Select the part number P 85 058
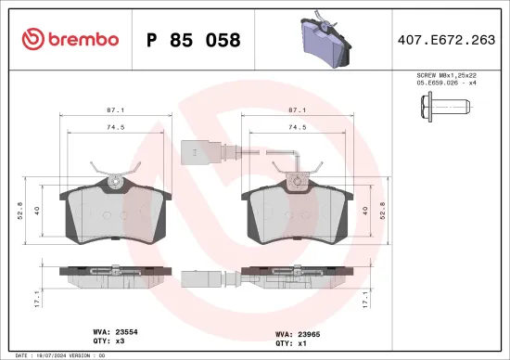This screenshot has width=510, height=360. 194,41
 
